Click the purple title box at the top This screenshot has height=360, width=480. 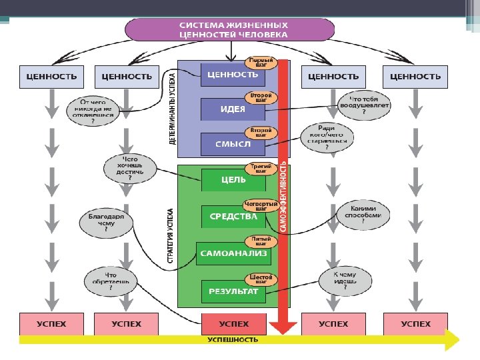pyautogui.click(x=230, y=29)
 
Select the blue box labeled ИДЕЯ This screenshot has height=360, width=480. pyautogui.click(x=232, y=109)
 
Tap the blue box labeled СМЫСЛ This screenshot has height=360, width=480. pyautogui.click(x=232, y=143)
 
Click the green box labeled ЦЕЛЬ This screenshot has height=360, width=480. pyautogui.click(x=232, y=179)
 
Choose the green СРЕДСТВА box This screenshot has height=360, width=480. pyautogui.click(x=232, y=216)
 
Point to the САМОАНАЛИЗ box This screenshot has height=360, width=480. pyautogui.click(x=231, y=253)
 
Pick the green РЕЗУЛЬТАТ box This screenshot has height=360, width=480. pyautogui.click(x=232, y=291)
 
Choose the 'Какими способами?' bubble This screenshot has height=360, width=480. pyautogui.click(x=363, y=216)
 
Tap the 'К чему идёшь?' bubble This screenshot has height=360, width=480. pyautogui.click(x=353, y=282)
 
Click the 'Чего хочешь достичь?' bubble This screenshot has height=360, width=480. pyautogui.click(x=129, y=167)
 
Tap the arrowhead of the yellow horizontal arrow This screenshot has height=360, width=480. pyautogui.click(x=453, y=339)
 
